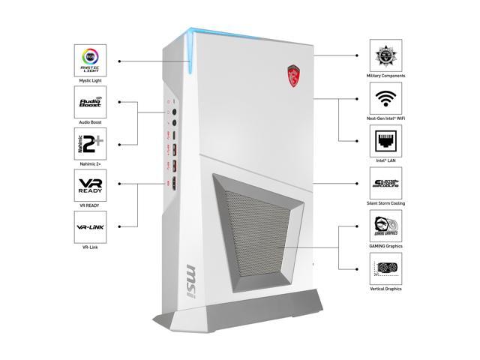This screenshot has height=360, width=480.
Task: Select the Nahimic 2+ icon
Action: pyautogui.click(x=90, y=143)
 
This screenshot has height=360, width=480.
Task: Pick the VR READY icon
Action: pyautogui.click(x=90, y=184)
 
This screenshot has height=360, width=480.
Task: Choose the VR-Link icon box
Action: pyautogui.click(x=90, y=226)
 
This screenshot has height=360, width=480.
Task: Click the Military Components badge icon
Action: pyautogui.click(x=386, y=55)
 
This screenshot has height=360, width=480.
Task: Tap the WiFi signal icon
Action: pyautogui.click(x=386, y=98)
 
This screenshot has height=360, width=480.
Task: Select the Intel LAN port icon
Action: pyautogui.click(x=386, y=140)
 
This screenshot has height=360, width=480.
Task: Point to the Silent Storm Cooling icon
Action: pyautogui.click(x=386, y=183)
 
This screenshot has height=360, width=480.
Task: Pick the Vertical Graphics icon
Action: pyautogui.click(x=386, y=268)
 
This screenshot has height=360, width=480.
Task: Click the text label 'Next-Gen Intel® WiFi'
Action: pyautogui.click(x=386, y=118)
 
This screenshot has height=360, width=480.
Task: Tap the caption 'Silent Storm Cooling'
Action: pyautogui.click(x=386, y=203)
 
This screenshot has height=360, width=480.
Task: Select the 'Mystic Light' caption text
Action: pyautogui.click(x=90, y=79)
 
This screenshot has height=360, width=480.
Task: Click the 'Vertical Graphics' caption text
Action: pyautogui.click(x=386, y=289)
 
